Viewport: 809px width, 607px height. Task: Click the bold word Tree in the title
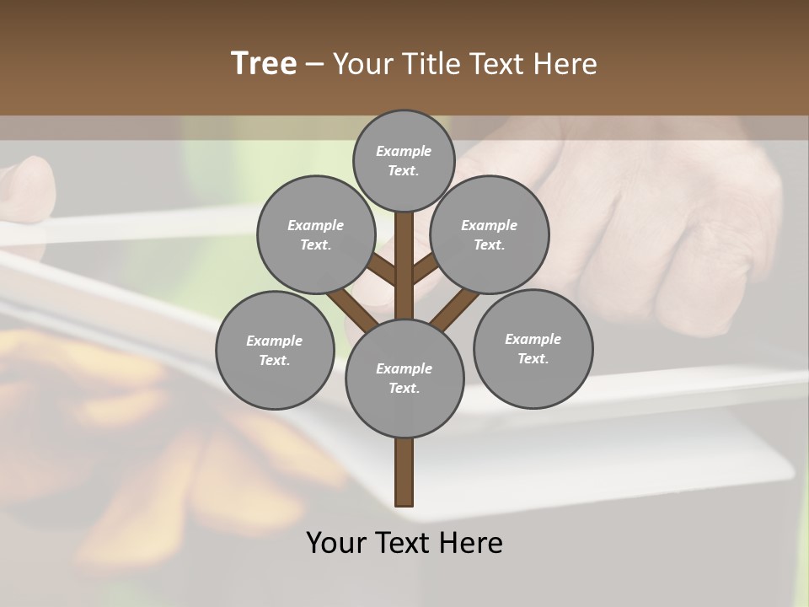264,63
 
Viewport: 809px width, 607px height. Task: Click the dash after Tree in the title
313,65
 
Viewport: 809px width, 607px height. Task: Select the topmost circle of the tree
404,160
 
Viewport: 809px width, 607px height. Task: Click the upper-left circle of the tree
316,234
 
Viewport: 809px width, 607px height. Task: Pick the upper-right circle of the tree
490,234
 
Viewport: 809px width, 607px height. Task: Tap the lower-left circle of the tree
275,350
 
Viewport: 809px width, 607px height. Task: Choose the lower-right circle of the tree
533,348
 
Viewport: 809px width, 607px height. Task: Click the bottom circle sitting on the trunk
404,378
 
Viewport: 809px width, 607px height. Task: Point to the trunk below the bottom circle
404,472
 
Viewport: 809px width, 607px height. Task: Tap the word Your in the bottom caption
337,543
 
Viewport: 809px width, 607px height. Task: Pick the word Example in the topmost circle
404,152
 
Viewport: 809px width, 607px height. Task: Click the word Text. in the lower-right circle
533,358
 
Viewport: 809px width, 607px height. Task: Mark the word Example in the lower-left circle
274,341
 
